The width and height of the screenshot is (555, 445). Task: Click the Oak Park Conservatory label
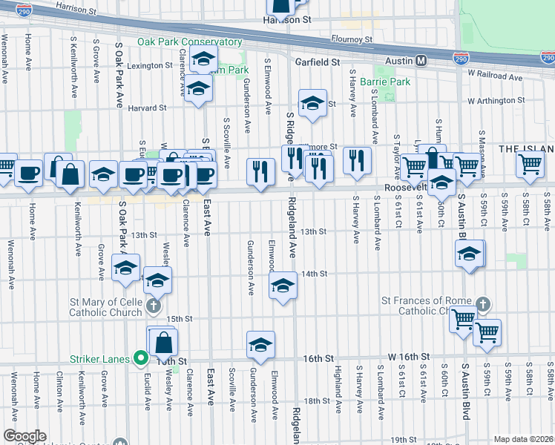point(189,42)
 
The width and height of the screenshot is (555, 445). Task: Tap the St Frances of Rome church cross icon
point(483,305)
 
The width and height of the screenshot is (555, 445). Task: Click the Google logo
point(24,436)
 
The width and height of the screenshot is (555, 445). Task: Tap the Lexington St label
point(149,66)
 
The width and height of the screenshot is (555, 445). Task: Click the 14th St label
point(315,274)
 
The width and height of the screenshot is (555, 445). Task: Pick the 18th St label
point(316,400)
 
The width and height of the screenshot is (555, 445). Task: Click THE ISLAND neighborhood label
point(525,149)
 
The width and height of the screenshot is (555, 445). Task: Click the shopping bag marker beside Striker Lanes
point(163,343)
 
